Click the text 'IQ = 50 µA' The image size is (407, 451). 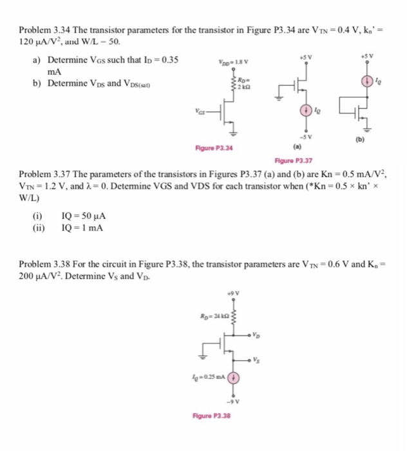click(82, 217)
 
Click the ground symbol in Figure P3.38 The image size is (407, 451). click(207, 354)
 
